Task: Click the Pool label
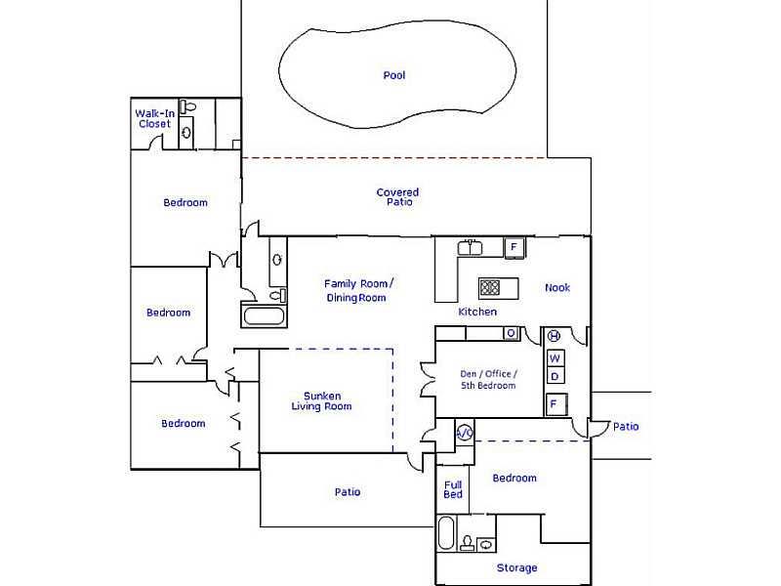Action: pyautogui.click(x=394, y=75)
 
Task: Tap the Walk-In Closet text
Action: pyautogui.click(x=155, y=118)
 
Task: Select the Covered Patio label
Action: pyautogui.click(x=398, y=197)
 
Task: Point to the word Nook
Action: pyautogui.click(x=557, y=287)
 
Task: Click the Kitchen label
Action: pyautogui.click(x=477, y=312)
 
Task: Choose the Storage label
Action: pyautogui.click(x=517, y=567)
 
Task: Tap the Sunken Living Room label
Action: pyautogui.click(x=322, y=401)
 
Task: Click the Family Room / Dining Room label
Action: pyautogui.click(x=357, y=290)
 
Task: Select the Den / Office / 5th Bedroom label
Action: pyautogui.click(x=488, y=379)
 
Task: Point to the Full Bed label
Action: pyautogui.click(x=453, y=489)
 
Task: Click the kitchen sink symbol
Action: pyautogui.click(x=470, y=247)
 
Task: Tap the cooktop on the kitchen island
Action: pyautogui.click(x=490, y=287)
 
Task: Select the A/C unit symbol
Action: pyautogui.click(x=465, y=433)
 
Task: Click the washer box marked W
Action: pyautogui.click(x=555, y=357)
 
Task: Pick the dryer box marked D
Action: pyautogui.click(x=555, y=376)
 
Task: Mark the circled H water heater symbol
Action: pyautogui.click(x=554, y=336)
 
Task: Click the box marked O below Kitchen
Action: pyautogui.click(x=511, y=333)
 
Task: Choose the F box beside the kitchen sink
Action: pyautogui.click(x=514, y=247)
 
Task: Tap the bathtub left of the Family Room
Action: pyautogui.click(x=264, y=315)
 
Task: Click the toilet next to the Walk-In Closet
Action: pyautogui.click(x=187, y=106)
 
